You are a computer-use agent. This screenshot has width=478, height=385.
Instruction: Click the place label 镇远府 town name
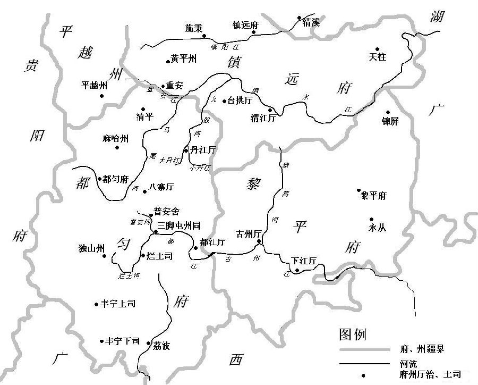245,24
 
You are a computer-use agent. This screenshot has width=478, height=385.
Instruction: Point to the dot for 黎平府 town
359,190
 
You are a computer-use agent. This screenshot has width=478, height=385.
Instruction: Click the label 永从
377,227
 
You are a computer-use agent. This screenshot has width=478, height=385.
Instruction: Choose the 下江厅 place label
304,261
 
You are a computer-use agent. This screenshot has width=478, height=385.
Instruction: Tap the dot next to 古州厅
259,242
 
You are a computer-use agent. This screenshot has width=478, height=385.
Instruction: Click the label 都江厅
212,242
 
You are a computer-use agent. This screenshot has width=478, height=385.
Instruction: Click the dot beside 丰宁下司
101,341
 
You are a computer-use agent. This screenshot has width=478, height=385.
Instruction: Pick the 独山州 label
91,248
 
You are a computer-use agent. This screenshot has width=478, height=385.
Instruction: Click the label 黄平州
184,59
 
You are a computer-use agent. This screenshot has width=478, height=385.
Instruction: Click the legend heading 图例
352,334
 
